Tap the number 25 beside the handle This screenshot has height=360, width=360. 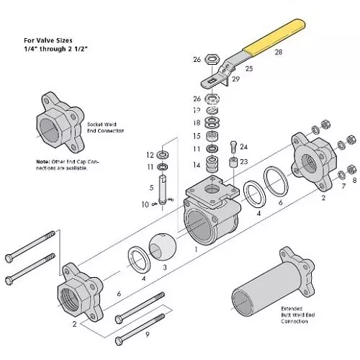(249, 68)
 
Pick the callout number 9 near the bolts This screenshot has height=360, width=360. (148, 335)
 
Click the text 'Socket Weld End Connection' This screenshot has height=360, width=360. (107, 127)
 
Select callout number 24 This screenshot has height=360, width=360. (243, 146)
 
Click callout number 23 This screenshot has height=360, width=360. (243, 162)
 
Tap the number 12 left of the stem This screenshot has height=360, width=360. (149, 155)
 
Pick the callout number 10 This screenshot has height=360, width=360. (145, 205)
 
